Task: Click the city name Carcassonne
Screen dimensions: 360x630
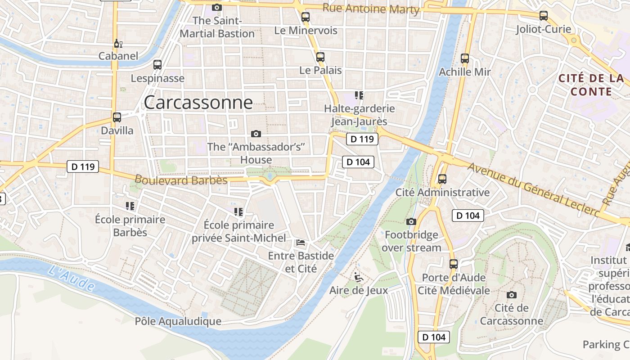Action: (198, 103)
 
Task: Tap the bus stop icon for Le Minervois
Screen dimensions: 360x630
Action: (306, 18)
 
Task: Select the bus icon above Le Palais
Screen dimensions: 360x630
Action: (320, 57)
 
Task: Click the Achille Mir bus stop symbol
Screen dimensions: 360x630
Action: (465, 58)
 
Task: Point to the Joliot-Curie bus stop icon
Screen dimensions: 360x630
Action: (544, 16)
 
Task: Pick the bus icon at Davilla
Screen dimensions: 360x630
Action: (117, 117)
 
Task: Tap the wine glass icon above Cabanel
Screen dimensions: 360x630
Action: (117, 44)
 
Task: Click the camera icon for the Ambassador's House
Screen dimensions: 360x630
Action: (256, 134)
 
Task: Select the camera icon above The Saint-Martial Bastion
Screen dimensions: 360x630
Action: (217, 7)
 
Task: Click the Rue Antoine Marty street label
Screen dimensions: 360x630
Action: (371, 9)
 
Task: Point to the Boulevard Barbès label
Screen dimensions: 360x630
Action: (181, 180)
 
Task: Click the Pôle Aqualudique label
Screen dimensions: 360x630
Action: (178, 321)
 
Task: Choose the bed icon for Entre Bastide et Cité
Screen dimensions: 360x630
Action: (301, 243)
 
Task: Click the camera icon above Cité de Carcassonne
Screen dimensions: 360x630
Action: (511, 295)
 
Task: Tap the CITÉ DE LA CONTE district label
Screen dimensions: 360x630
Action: (591, 85)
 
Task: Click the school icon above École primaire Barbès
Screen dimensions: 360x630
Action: (130, 206)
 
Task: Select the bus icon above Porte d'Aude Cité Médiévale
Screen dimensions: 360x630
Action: (454, 264)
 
